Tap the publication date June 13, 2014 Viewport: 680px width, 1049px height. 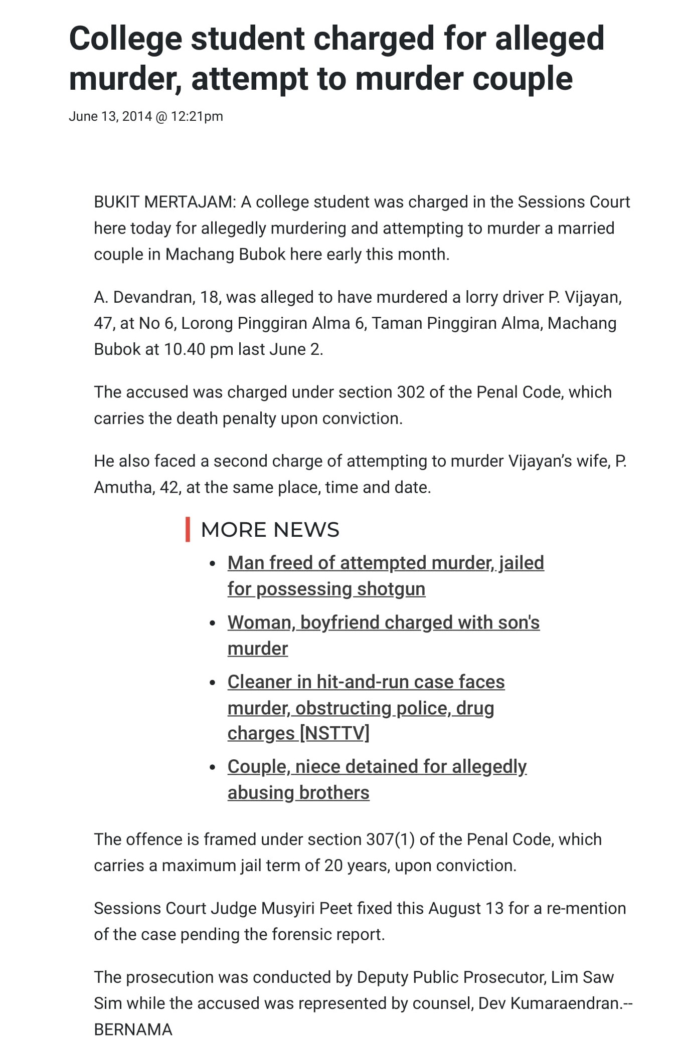click(110, 117)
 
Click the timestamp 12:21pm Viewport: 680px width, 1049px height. click(197, 117)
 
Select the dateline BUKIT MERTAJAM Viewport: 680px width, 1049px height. click(163, 202)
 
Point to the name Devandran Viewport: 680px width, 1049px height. click(153, 297)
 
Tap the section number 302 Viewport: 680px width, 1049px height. click(410, 392)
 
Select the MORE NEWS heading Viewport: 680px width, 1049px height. click(270, 530)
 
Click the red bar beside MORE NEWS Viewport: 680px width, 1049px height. click(188, 529)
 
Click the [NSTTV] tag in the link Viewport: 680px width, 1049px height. click(334, 733)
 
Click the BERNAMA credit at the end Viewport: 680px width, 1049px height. click(133, 1029)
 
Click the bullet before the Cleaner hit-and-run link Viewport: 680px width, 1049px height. click(213, 683)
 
